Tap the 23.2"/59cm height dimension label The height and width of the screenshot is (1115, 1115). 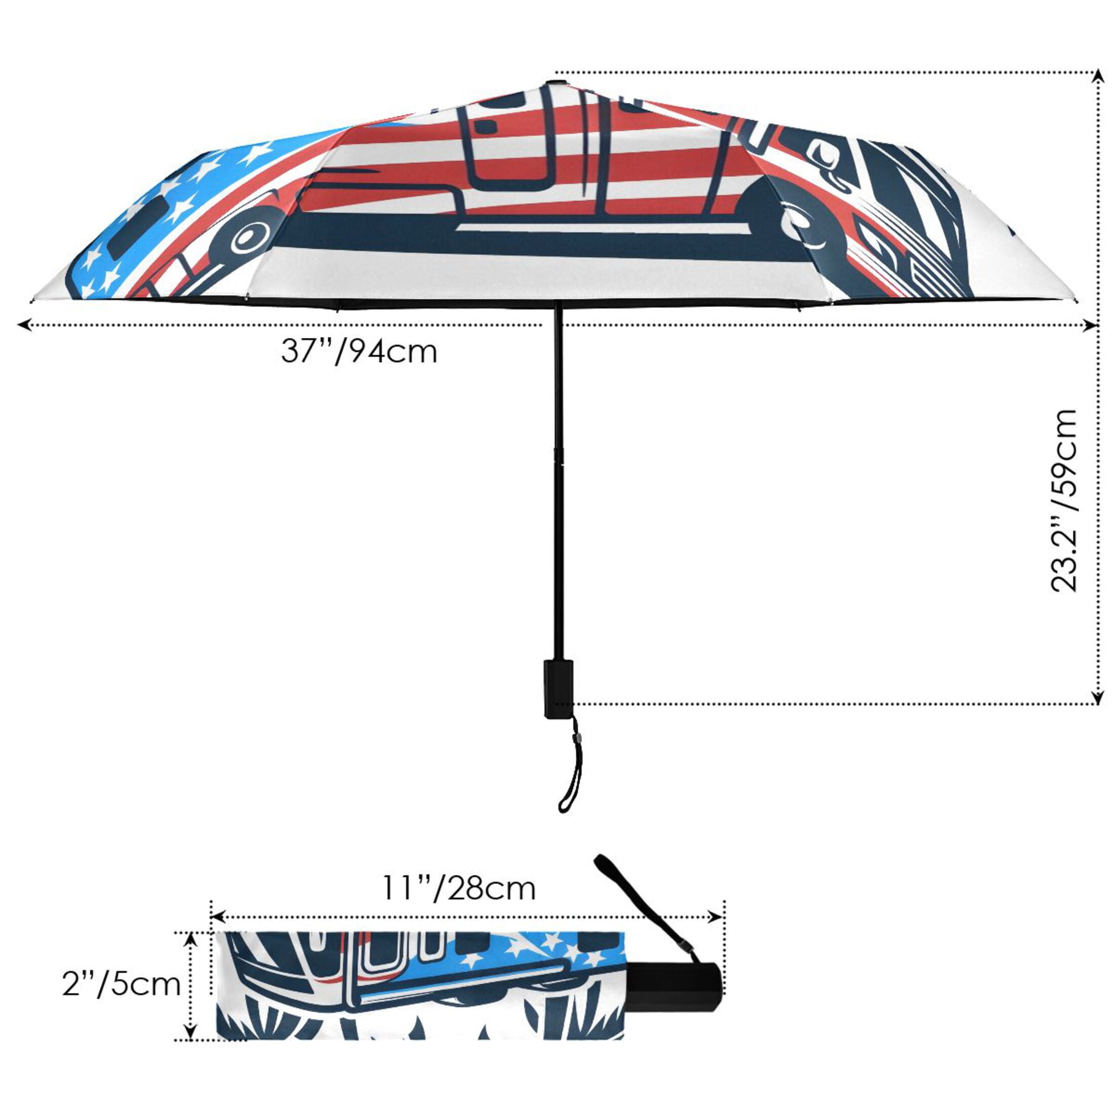click(x=1063, y=500)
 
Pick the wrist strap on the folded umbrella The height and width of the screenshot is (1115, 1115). click(x=648, y=912)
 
